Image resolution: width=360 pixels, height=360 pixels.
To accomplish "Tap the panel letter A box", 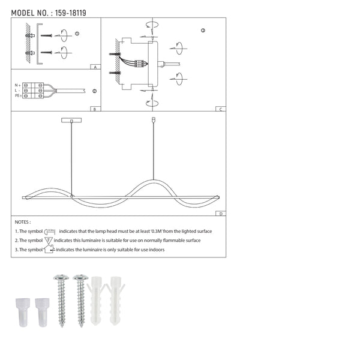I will (x=94, y=68).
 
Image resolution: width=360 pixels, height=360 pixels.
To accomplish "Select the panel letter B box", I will (x=94, y=109).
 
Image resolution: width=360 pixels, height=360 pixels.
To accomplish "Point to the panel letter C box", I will (x=221, y=109).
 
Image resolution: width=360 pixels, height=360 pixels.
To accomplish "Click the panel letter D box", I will (x=221, y=214).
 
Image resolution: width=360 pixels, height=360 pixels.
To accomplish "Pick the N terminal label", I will (x=17, y=85).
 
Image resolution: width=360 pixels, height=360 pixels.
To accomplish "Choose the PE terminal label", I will (x=17, y=95).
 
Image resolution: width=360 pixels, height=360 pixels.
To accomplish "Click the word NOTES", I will (x=23, y=222).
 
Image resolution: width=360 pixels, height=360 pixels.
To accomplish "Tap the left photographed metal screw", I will (x=61, y=300).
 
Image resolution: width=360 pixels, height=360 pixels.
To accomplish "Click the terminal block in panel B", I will (x=35, y=90).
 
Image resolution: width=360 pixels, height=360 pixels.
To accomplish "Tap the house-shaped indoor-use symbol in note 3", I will (x=49, y=249).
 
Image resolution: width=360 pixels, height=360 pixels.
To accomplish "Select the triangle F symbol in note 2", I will (x=49, y=240).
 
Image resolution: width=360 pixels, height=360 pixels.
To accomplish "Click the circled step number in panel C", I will (x=203, y=30).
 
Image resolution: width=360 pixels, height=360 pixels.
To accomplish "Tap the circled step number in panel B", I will (x=95, y=91).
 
